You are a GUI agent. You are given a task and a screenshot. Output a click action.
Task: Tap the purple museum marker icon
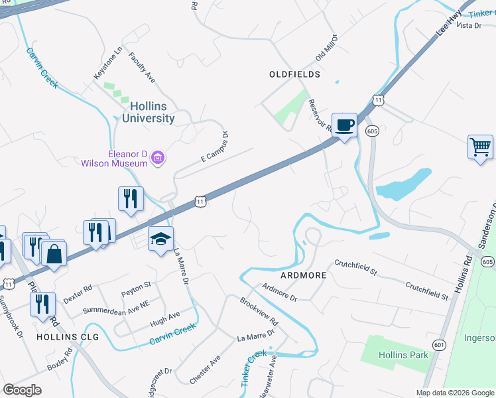pyautogui.click(x=158, y=158)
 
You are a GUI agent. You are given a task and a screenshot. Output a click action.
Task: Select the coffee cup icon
pyautogui.click(x=344, y=125)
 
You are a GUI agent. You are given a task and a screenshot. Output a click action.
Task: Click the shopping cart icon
pyautogui.click(x=480, y=147)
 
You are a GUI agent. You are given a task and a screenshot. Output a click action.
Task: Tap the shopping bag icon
pyautogui.click(x=54, y=253)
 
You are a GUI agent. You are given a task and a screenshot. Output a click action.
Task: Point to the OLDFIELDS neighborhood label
pyautogui.click(x=294, y=74)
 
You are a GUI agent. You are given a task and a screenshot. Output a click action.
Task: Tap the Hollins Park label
pyautogui.click(x=403, y=355)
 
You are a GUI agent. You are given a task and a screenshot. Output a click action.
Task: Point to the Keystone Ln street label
pyautogui.click(x=109, y=63)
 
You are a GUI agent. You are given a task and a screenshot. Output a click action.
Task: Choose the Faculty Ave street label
pyautogui.click(x=142, y=68)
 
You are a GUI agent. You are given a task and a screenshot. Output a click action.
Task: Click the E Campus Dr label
pyautogui.click(x=215, y=147)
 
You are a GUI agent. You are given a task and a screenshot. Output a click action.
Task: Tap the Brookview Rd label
pyautogui.click(x=259, y=309)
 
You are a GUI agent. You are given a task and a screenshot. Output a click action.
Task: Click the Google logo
pyautogui.click(x=23, y=390)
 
